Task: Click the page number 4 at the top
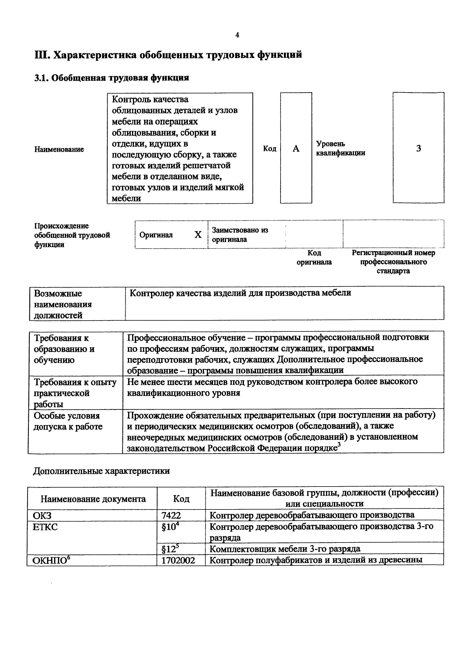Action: point(237,35)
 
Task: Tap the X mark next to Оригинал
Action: point(198,235)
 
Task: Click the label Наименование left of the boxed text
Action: point(59,149)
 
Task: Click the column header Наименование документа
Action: point(93,499)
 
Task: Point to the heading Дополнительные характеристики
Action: point(101,471)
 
